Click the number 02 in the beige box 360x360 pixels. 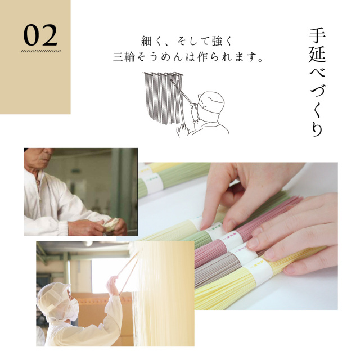[x=40, y=35]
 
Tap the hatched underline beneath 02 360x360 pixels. [x=41, y=51]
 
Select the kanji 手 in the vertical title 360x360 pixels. [x=317, y=36]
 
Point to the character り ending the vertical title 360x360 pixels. [x=317, y=128]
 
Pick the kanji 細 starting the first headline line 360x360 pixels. [x=146, y=41]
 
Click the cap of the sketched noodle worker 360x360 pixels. [x=211, y=102]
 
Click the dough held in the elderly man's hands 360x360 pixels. [x=111, y=224]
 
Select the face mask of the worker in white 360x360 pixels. [x=73, y=310]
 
